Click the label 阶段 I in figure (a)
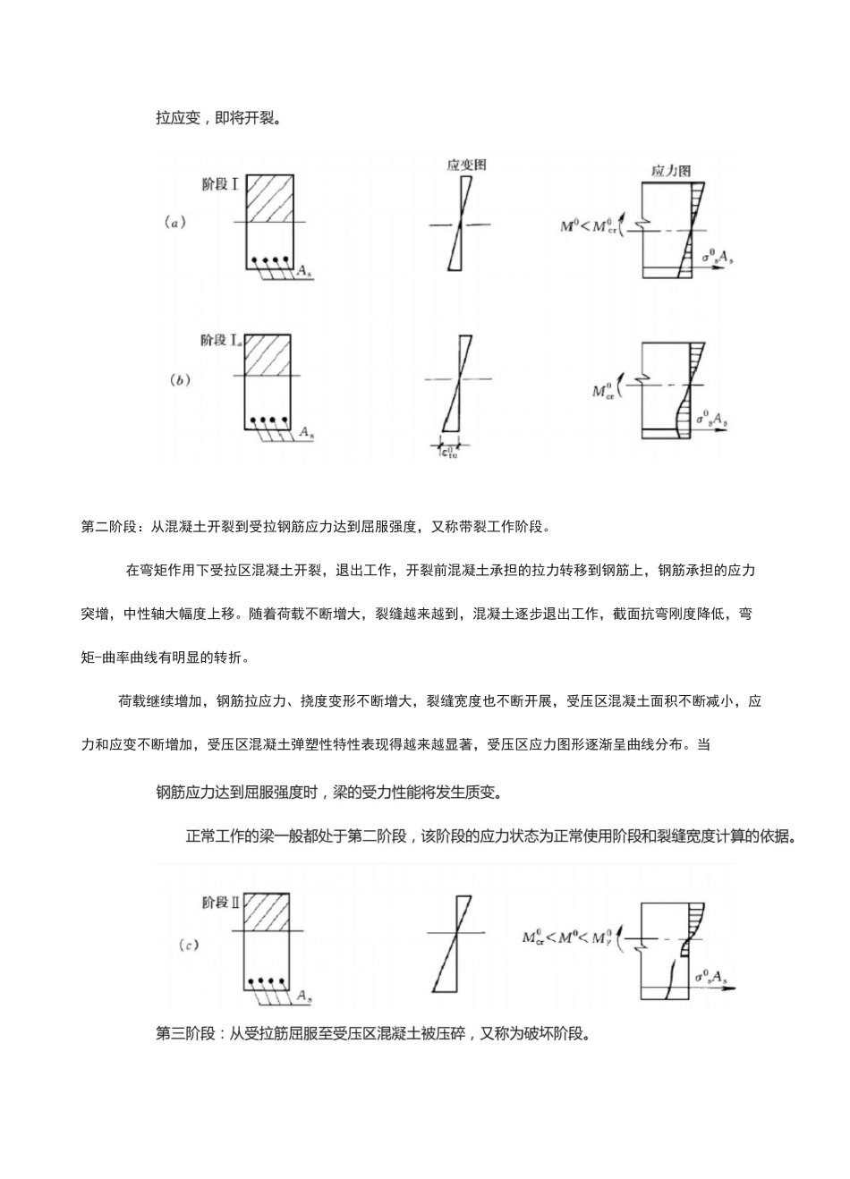(219, 185)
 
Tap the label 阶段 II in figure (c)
(220, 903)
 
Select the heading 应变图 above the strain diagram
(466, 165)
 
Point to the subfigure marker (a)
(175, 223)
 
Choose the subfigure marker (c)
(188, 945)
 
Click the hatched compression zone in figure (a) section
(269, 198)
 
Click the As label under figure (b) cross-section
(307, 432)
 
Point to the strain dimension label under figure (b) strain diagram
(447, 453)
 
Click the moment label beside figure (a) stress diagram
(589, 226)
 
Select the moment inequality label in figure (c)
(567, 937)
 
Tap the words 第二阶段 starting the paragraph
(106, 526)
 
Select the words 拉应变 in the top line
(178, 117)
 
